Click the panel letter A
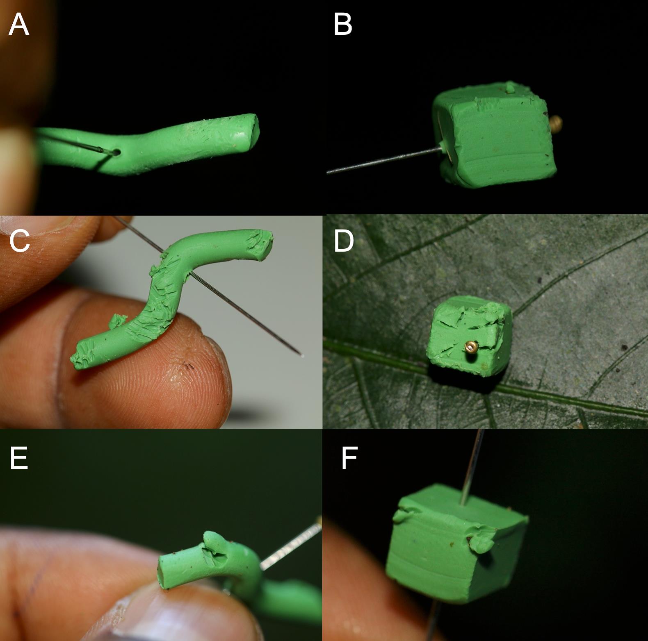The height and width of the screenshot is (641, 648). [x=19, y=25]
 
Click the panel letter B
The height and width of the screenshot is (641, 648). [x=343, y=25]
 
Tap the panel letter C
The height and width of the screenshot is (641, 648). [x=19, y=241]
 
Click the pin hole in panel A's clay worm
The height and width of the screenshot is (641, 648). [x=117, y=152]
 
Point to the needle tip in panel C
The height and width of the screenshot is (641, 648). [x=302, y=355]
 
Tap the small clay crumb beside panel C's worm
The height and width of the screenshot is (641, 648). [x=118, y=321]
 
